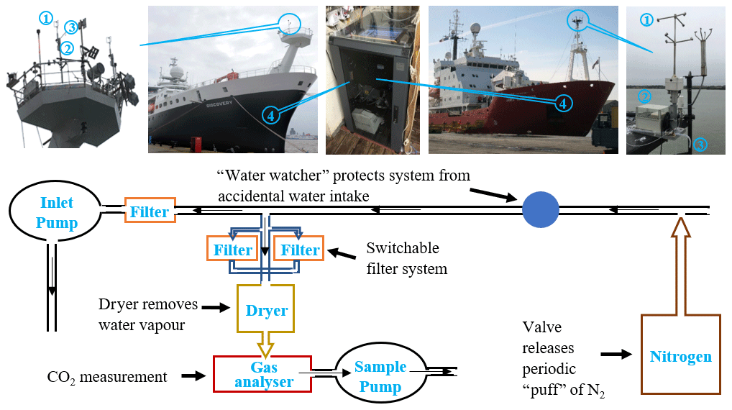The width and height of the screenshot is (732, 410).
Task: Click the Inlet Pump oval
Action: point(54,213)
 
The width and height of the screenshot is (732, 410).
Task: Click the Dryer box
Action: point(266,311)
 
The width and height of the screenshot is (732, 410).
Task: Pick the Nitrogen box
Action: point(680,357)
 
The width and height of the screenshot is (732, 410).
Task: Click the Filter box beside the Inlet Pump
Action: point(150,211)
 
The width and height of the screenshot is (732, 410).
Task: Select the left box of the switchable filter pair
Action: point(232,250)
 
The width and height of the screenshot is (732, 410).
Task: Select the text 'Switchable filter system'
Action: point(406,259)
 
